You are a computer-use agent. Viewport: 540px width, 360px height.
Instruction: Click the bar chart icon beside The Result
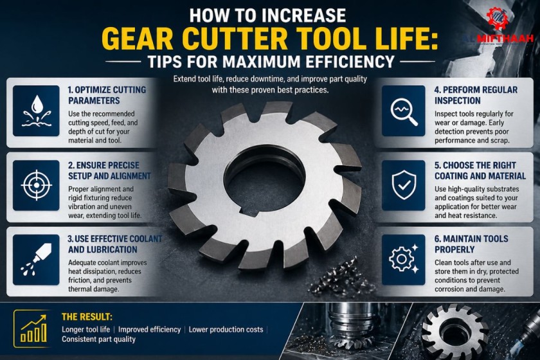33,327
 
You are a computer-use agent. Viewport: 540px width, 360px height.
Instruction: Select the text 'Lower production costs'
227,329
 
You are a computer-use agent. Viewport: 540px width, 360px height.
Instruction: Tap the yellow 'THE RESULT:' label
87,317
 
